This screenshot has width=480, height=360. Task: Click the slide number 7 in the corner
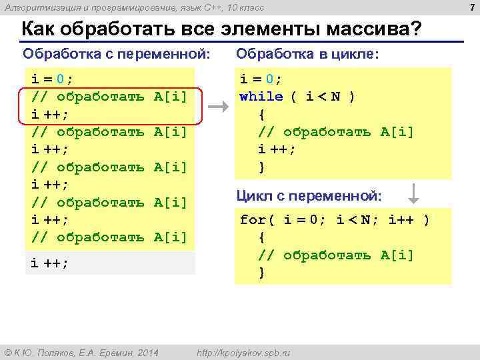473,7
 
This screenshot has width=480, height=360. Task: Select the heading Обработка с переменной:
116,53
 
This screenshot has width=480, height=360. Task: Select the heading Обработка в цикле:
307,53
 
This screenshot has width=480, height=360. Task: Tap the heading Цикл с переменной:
309,196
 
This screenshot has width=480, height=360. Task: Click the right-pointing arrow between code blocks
219,106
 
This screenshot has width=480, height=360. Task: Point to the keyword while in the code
261,97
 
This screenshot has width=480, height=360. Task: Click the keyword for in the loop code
252,219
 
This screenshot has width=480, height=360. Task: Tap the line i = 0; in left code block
53,79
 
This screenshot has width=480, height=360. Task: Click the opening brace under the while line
262,114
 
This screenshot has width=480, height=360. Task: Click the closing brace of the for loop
262,272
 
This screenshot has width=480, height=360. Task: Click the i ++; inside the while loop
277,149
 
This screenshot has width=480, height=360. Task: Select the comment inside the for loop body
336,255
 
